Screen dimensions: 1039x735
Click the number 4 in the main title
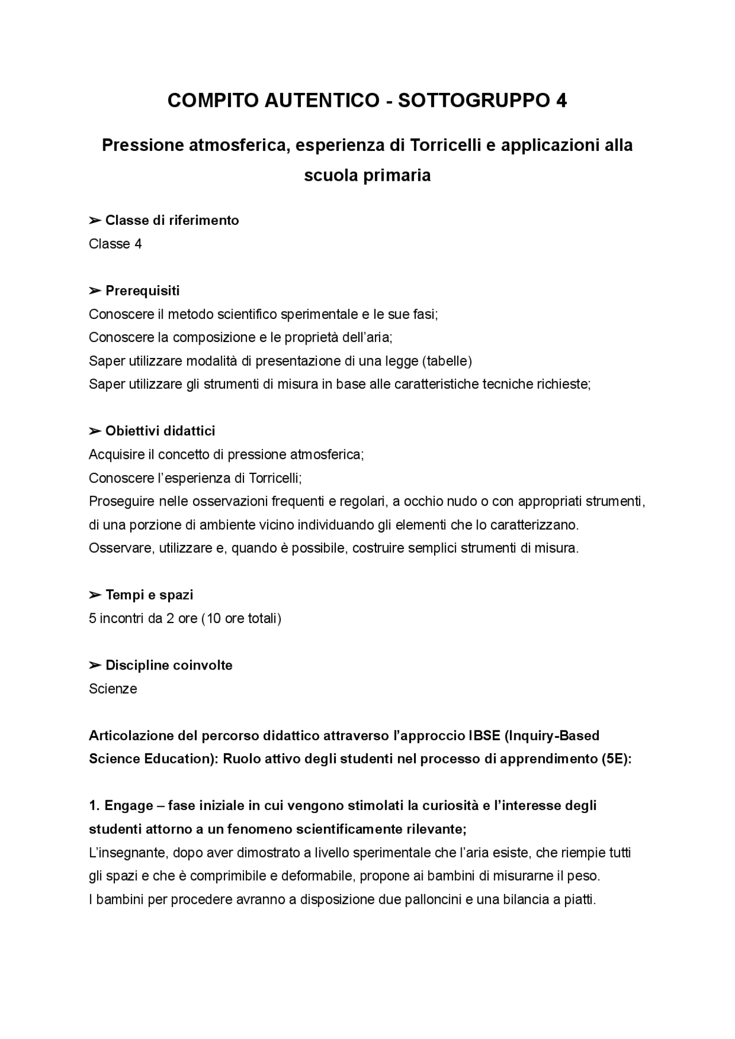(561, 101)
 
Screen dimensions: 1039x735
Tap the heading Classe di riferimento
(172, 220)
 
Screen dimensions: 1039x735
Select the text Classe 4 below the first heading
(115, 244)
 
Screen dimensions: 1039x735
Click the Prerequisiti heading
(142, 291)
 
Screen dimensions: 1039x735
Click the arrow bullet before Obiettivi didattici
(95, 431)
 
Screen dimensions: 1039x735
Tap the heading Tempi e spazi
(149, 595)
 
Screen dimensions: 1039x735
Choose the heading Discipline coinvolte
(169, 666)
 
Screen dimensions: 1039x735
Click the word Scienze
(113, 688)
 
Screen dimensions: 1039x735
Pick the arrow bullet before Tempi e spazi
(95, 595)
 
